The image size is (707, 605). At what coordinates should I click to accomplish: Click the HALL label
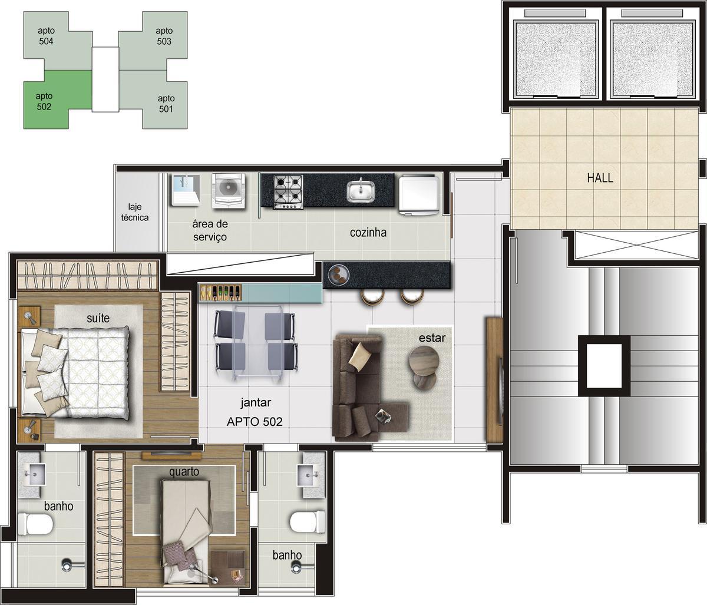coord(600,178)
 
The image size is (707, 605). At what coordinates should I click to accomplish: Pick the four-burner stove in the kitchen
coord(288,191)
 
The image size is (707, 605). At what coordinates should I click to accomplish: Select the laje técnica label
coord(134,212)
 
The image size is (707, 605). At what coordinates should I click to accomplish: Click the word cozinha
coord(368,232)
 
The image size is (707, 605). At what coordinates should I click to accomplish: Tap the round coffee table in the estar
coord(424,359)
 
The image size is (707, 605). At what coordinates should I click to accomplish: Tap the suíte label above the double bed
coord(98,318)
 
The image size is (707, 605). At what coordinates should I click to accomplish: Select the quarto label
coord(184,471)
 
